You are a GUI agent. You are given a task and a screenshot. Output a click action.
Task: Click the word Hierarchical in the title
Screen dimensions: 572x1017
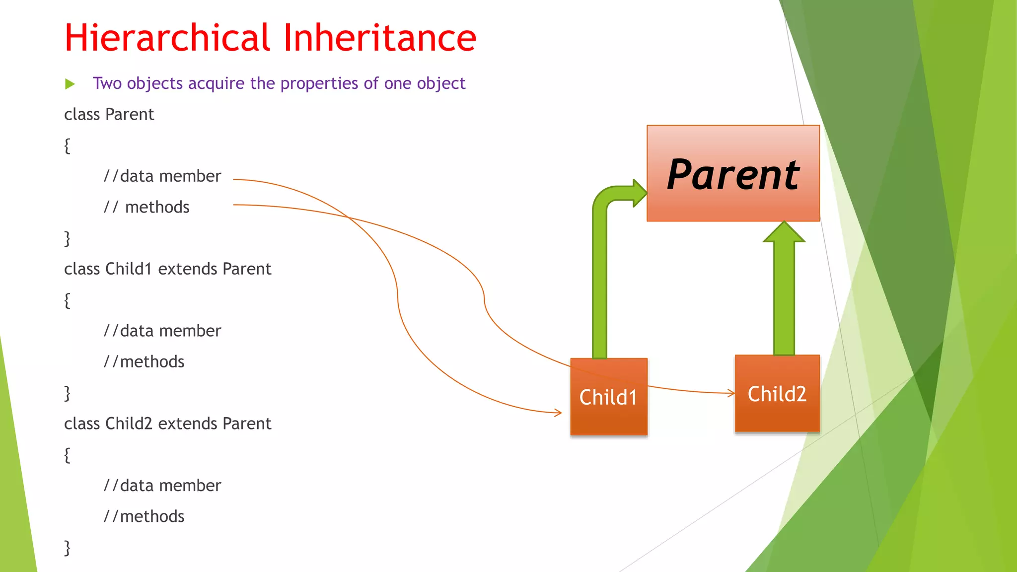[167, 38]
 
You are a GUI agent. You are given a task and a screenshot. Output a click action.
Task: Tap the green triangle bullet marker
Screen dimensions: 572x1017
[70, 84]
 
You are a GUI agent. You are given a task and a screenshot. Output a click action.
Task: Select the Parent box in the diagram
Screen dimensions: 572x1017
[733, 173]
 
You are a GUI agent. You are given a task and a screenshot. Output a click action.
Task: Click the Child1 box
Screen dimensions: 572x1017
[609, 397]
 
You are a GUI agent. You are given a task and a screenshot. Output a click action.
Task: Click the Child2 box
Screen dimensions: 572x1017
[777, 394]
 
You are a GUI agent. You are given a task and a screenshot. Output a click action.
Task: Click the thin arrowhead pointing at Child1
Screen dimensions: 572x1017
[558, 412]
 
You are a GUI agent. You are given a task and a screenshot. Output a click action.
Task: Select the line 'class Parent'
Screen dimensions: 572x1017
[109, 115]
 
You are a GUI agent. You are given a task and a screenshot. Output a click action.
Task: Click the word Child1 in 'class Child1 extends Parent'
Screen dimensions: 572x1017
[128, 269]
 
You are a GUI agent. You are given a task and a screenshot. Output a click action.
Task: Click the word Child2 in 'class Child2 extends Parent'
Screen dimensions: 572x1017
[128, 424]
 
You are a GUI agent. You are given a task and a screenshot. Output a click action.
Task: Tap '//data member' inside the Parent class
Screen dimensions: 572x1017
[162, 176]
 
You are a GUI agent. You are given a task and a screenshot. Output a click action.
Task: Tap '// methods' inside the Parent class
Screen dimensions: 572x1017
[146, 207]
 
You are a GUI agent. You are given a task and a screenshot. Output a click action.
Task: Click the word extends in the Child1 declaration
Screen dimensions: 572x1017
[187, 269]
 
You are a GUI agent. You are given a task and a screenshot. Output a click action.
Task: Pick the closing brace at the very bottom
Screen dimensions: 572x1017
[67, 547]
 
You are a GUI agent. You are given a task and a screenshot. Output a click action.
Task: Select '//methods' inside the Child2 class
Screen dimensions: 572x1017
[144, 516]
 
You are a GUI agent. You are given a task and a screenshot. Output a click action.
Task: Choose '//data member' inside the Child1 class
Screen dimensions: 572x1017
[162, 331]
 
